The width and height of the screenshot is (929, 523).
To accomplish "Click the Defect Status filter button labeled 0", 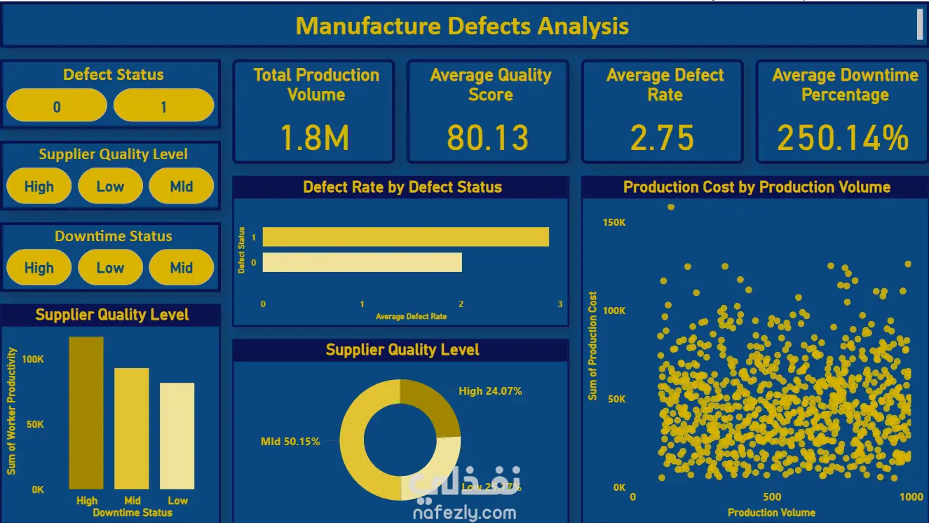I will click(57, 107).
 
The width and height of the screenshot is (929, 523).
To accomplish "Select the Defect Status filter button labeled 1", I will click(163, 107).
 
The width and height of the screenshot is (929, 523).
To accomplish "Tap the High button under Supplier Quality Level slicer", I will click(39, 186).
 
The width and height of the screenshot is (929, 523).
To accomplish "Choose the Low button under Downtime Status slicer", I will click(110, 268).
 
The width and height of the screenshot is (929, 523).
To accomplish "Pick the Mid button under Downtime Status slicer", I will click(181, 268).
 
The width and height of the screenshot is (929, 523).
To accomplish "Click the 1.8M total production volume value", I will click(314, 138).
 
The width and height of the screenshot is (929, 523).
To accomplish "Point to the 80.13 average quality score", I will click(488, 138).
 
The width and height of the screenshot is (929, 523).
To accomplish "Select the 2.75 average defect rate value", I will click(662, 138).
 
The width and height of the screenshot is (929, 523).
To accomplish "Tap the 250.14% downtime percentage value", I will click(843, 138).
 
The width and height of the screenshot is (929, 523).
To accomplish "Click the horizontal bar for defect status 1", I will click(405, 237).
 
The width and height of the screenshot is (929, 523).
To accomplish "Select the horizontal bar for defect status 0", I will click(362, 262).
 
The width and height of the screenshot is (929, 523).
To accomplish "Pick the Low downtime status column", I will click(177, 435).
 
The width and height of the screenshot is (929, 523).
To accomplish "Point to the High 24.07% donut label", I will click(490, 391).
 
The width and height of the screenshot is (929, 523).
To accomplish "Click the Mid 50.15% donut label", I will click(290, 442).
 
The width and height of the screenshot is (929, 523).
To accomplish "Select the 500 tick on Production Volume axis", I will click(771, 497).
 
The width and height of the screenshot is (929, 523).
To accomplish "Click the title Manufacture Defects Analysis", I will click(462, 27).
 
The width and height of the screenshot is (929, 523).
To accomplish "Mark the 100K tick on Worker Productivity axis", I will click(32, 359).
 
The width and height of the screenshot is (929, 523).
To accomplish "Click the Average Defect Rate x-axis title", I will click(411, 317).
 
